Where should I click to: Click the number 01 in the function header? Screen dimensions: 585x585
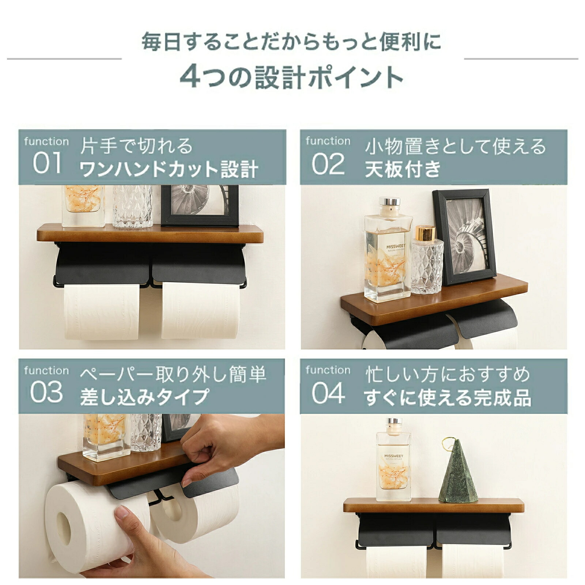[47, 163]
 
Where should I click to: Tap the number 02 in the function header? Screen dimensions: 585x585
[328, 164]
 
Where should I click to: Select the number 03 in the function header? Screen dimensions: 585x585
[46, 392]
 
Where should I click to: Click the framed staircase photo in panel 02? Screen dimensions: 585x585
[464, 237]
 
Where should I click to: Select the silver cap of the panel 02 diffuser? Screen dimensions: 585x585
[389, 202]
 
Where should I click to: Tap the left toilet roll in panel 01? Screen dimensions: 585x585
[102, 312]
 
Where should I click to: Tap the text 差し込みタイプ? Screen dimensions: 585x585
[145, 397]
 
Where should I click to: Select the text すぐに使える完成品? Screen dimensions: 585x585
[448, 398]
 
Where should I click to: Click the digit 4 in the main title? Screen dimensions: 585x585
[191, 77]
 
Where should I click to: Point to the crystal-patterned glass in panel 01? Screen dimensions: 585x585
[133, 206]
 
